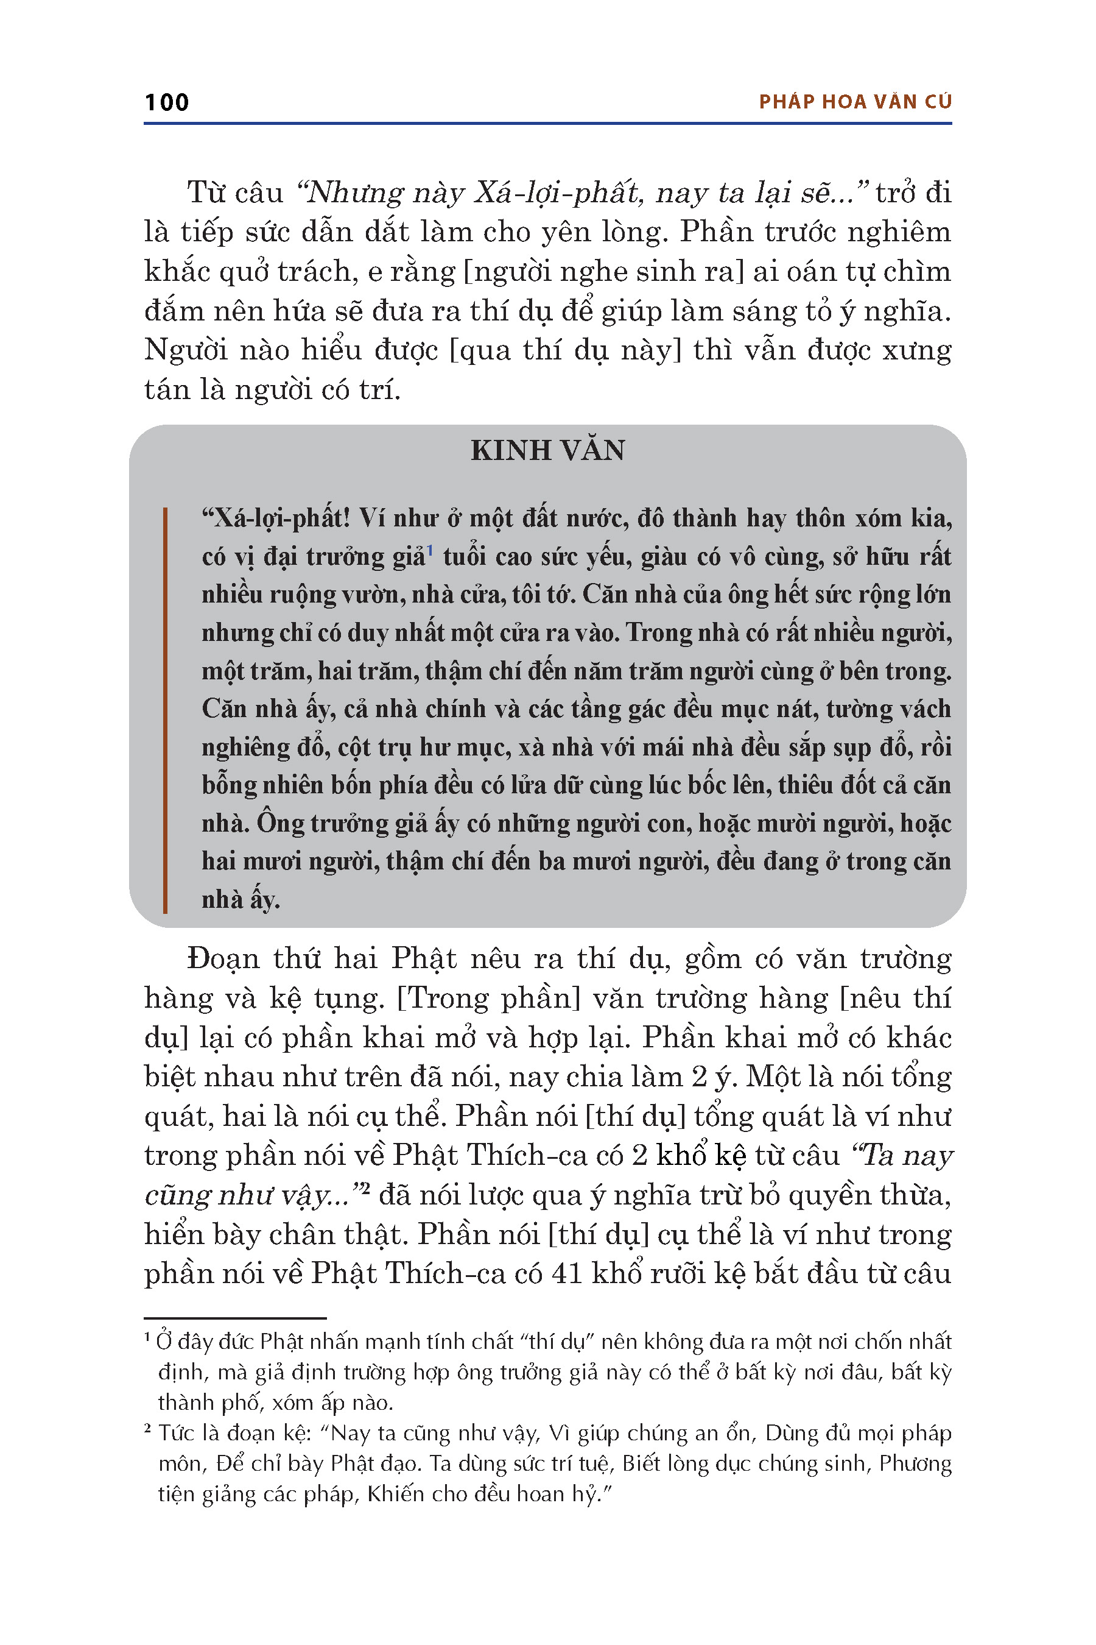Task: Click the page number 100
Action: click(166, 102)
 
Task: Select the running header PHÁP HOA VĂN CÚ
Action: click(855, 102)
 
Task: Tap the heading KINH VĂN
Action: click(547, 450)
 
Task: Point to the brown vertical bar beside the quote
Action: click(165, 710)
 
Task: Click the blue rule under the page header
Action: click(547, 124)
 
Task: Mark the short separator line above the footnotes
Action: click(235, 1318)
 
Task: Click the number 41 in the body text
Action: click(567, 1273)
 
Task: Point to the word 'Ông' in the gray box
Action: click(281, 823)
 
